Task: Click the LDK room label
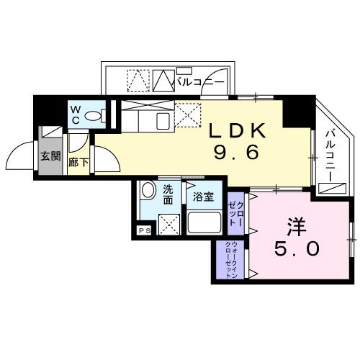(238, 132)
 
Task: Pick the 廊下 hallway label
(78, 163)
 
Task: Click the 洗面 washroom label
(168, 194)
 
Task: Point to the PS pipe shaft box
(144, 231)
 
